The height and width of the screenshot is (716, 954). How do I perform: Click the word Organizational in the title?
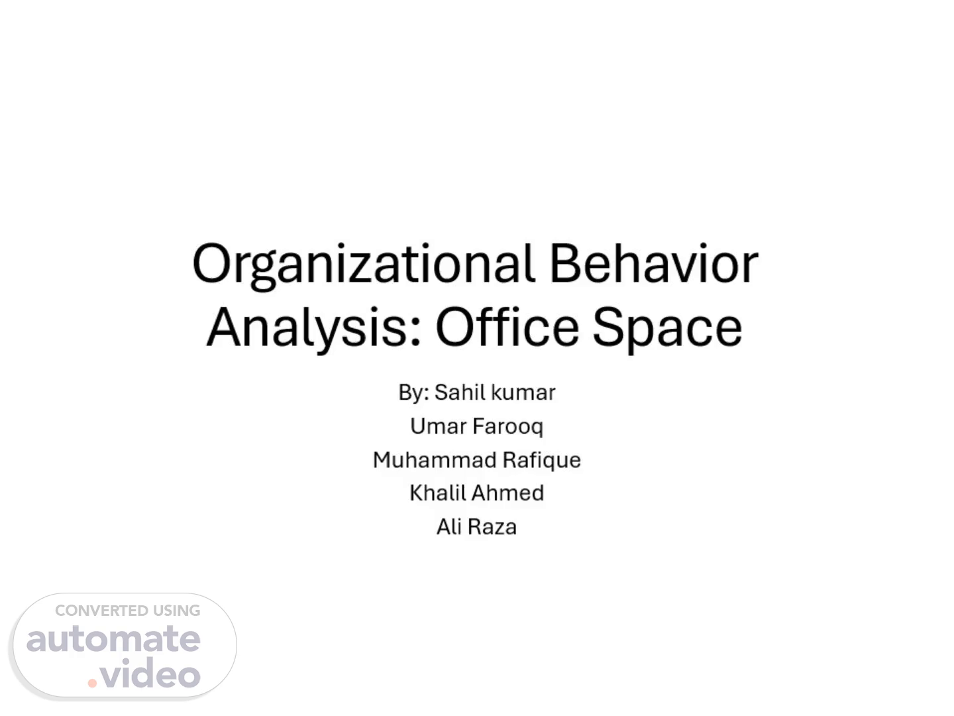point(363,265)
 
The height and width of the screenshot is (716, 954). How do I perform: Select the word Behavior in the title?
point(654,263)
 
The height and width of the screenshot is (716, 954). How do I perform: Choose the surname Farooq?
point(507,427)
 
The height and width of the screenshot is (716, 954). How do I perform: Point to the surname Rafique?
point(541,461)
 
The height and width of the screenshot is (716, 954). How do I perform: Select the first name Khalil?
point(437,493)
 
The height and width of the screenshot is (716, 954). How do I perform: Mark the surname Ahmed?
point(507,493)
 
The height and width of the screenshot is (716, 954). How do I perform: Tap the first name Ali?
point(449,527)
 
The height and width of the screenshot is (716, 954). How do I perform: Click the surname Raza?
point(492,527)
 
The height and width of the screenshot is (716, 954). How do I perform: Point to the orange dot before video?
point(92,684)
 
